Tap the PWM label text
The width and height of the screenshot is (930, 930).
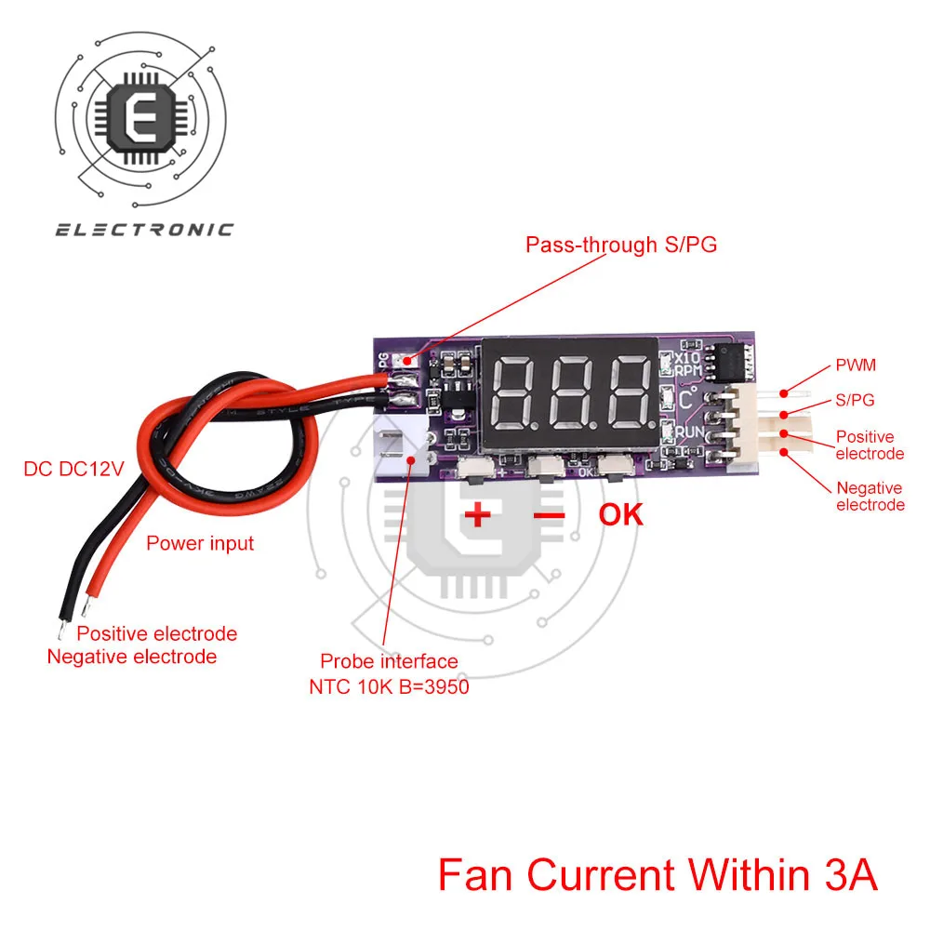[856, 366]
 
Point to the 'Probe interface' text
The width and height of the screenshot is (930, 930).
[389, 661]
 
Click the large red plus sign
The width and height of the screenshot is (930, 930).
[477, 514]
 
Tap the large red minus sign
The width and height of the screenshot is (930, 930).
[550, 514]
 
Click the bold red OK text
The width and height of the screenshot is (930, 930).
[620, 514]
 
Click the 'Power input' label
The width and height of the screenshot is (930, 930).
[200, 543]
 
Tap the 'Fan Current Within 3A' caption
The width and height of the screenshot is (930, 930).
[658, 876]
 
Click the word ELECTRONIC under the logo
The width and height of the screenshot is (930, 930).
[144, 230]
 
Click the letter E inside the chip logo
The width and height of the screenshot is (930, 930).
[144, 116]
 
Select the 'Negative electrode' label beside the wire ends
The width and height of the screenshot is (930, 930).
[132, 657]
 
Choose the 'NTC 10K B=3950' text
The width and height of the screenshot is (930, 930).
[389, 688]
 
